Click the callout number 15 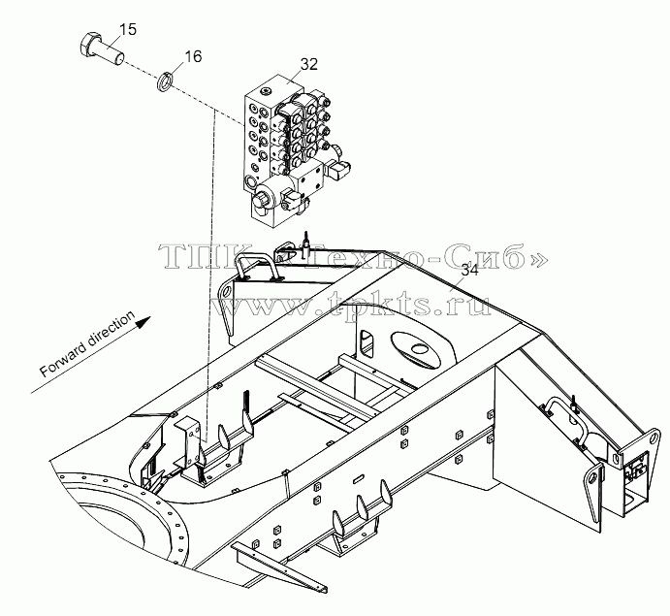click(127, 29)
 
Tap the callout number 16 click(193, 56)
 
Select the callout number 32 click(309, 64)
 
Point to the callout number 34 click(469, 271)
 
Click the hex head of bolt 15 click(88, 44)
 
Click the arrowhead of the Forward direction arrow click(144, 321)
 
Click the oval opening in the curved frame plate click(415, 349)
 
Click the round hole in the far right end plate click(653, 438)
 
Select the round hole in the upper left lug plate click(227, 291)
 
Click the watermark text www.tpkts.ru click(351, 303)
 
